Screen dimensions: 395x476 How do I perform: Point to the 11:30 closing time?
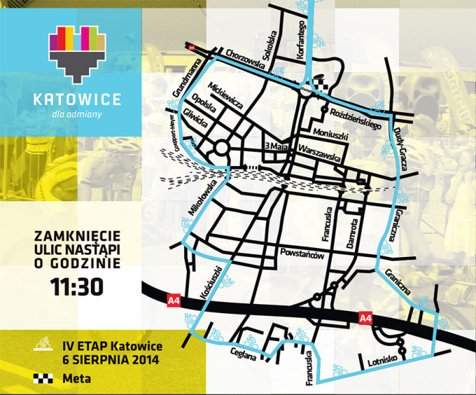pos(77,286)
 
